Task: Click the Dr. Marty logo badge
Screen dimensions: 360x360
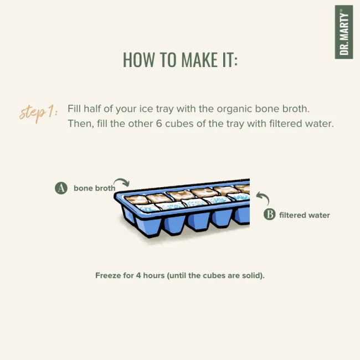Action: click(x=344, y=32)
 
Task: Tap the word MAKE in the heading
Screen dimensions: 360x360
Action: click(x=199, y=60)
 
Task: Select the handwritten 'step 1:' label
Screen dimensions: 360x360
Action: click(x=39, y=114)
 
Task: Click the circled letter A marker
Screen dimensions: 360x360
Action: click(x=61, y=188)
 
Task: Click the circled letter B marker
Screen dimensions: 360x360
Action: click(x=270, y=214)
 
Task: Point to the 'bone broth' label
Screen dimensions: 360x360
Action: click(x=94, y=188)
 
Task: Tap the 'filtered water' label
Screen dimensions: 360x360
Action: click(x=305, y=215)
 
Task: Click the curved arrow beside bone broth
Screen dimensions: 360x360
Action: click(x=122, y=181)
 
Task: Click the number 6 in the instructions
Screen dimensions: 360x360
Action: click(x=159, y=124)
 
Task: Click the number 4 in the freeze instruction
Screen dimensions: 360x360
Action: click(x=138, y=275)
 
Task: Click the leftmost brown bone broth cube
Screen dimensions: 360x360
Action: click(x=136, y=199)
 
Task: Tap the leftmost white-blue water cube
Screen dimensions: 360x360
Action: click(x=148, y=208)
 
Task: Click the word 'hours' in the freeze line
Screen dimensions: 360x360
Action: click(x=154, y=275)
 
